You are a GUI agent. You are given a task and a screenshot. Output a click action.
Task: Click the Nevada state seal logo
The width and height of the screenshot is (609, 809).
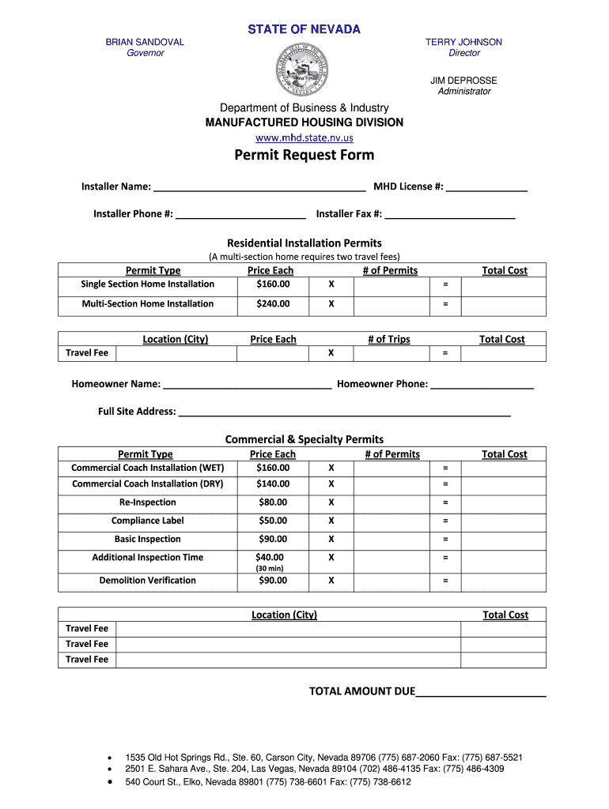click(x=304, y=70)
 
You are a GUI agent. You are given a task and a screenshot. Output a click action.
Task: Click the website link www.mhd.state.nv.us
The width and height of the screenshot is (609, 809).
click(x=304, y=137)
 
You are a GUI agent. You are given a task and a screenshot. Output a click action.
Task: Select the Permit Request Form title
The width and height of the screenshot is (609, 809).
click(x=304, y=155)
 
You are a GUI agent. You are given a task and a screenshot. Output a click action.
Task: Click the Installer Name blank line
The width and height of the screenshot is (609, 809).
click(x=259, y=188)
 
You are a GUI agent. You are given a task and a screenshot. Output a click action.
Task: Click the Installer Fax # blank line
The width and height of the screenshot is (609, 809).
click(x=450, y=215)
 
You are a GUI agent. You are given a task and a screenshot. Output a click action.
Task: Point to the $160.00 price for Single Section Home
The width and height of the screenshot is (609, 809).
click(x=273, y=284)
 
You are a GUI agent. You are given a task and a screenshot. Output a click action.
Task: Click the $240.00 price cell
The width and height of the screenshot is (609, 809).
click(x=273, y=304)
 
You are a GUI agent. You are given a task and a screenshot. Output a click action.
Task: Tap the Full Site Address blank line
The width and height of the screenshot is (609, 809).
click(x=344, y=412)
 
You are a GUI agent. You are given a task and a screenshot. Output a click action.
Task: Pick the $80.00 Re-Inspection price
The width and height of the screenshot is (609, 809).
click(x=273, y=502)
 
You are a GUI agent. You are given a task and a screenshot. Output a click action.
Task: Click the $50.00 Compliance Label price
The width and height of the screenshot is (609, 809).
click(x=273, y=521)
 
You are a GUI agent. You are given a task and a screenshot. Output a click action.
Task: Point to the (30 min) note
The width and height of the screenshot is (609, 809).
click(x=269, y=568)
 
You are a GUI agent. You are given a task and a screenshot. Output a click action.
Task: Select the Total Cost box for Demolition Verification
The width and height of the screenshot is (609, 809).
click(x=503, y=581)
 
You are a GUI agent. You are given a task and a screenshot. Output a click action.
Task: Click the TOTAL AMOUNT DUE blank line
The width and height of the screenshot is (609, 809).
click(x=481, y=693)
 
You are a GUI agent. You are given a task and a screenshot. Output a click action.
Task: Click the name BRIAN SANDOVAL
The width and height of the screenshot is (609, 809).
click(x=145, y=42)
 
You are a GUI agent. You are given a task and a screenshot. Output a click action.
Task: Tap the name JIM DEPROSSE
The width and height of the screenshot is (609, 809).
click(x=464, y=81)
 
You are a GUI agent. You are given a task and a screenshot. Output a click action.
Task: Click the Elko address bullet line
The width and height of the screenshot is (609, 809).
click(x=268, y=782)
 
